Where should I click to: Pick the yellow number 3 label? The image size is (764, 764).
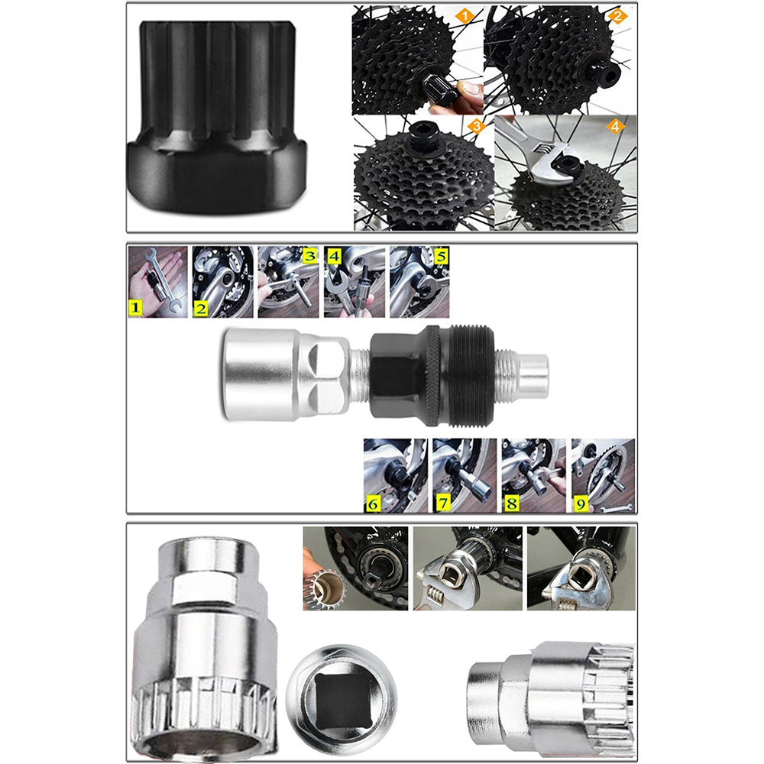tap(308, 256)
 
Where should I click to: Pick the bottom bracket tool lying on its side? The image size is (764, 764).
tap(550, 691)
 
